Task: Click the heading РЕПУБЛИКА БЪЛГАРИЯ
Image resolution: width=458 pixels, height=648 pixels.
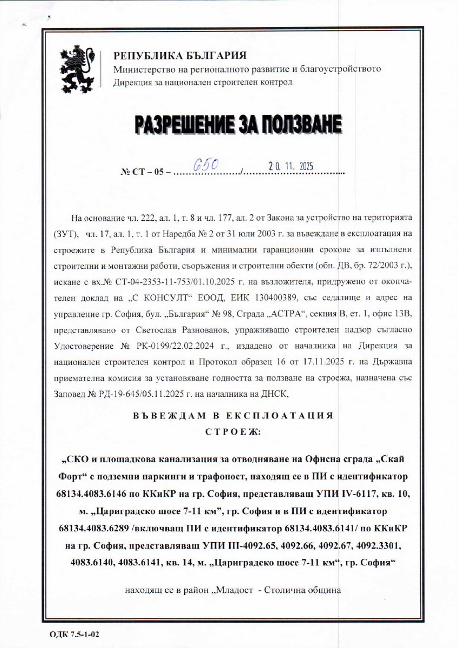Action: (179, 56)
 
